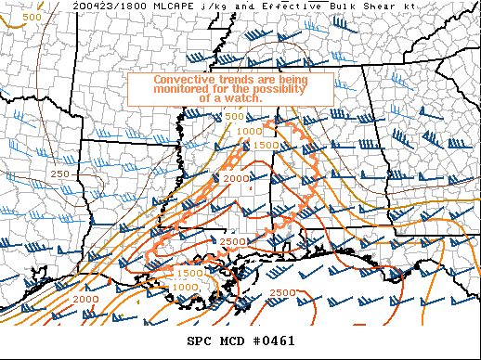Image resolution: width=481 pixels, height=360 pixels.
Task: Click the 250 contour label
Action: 61,174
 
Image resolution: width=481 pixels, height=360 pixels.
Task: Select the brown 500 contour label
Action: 32,17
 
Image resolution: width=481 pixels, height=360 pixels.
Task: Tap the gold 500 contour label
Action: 234,116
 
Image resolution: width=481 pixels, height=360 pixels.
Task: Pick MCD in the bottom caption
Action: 234,341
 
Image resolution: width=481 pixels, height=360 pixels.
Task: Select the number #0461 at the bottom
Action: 276,341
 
